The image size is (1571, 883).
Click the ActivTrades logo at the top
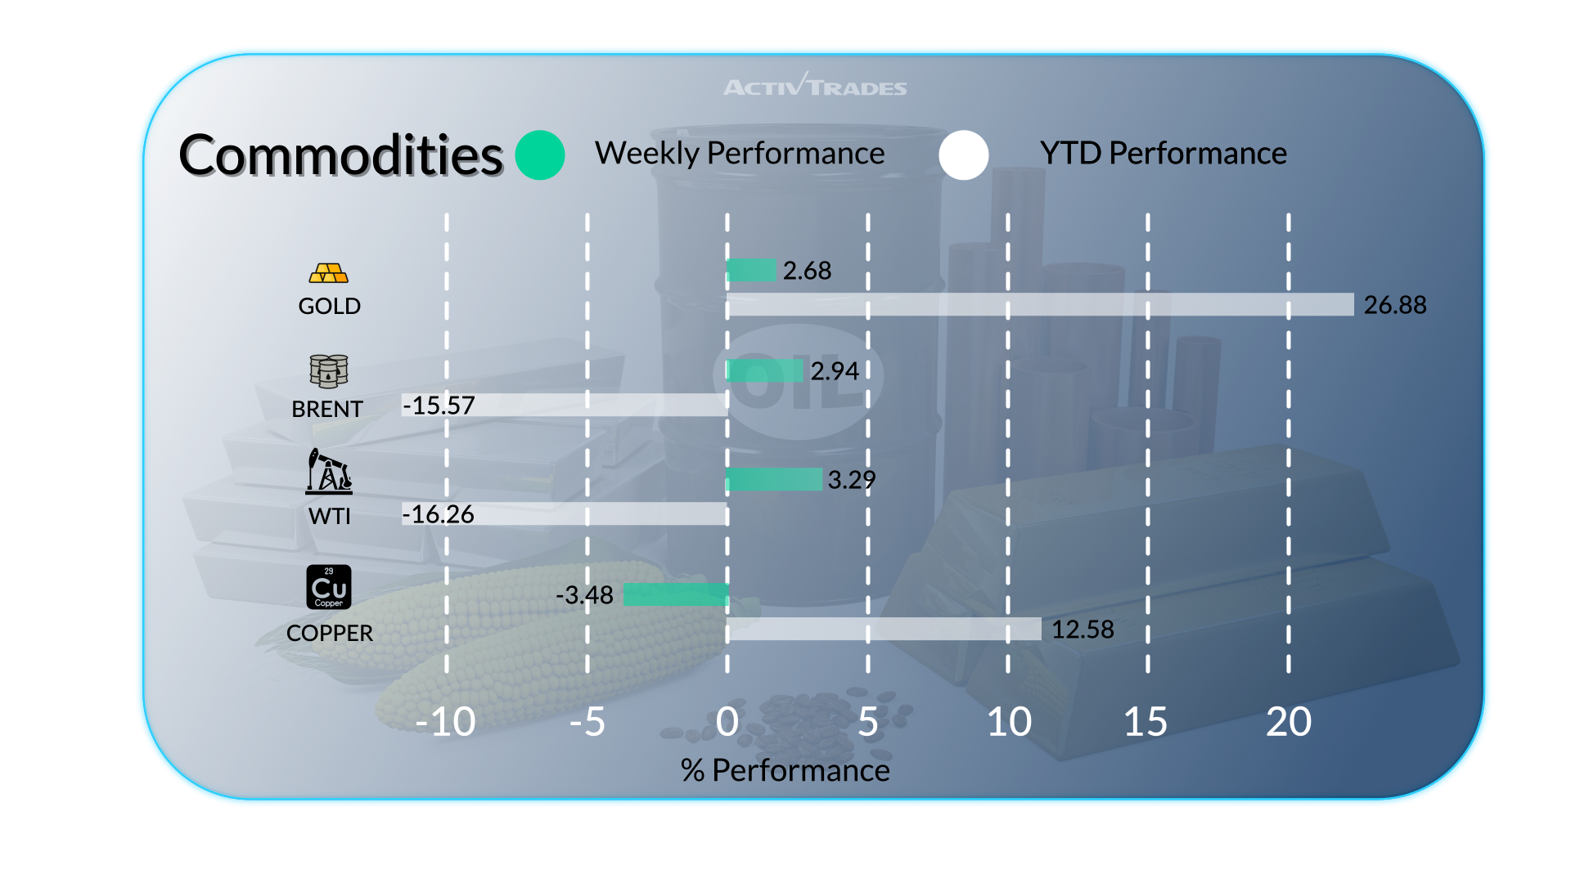point(815,86)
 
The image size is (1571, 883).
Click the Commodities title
point(340,155)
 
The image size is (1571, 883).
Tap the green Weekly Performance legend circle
point(540,155)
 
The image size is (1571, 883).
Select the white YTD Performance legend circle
point(964,155)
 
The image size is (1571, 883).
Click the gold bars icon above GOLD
point(329,273)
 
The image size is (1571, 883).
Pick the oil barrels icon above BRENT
point(329,371)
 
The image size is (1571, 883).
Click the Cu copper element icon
point(329,587)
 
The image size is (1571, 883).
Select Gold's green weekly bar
point(751,270)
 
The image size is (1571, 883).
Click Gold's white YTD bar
point(1039,305)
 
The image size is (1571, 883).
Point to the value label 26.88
point(1394,305)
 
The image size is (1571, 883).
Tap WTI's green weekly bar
point(774,479)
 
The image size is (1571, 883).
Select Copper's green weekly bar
point(676,595)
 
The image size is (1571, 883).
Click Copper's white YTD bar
point(884,629)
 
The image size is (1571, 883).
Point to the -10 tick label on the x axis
point(445,722)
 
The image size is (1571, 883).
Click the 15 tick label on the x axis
point(1146,722)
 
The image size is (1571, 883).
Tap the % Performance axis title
point(785,770)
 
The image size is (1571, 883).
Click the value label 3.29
point(851,480)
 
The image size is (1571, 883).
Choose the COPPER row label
point(329,633)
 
